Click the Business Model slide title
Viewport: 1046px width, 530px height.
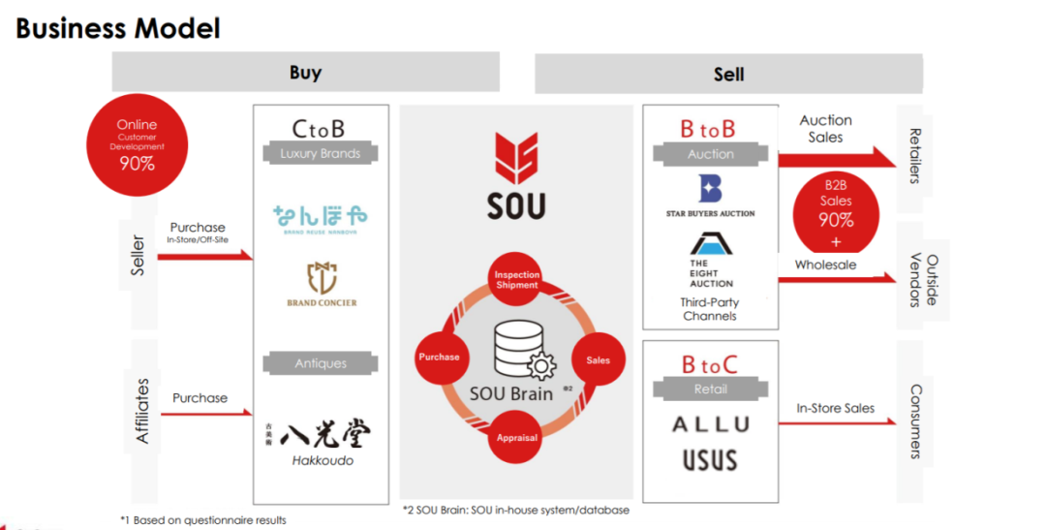coord(118,27)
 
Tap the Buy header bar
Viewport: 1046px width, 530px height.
coord(305,73)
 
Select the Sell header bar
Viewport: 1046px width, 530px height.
coord(728,74)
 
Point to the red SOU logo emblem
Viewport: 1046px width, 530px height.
coord(515,159)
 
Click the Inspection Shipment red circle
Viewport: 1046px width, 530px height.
coord(516,279)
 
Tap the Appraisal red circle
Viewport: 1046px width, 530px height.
coord(516,437)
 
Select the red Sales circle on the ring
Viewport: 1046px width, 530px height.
coord(598,359)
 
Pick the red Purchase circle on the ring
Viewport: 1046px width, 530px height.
coord(439,357)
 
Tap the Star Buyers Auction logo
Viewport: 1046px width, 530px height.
coord(710,196)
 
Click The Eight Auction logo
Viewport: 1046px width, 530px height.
coord(711,260)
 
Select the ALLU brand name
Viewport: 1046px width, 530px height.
coord(711,424)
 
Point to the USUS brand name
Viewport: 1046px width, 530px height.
coord(710,459)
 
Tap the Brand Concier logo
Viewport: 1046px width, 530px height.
coord(322,287)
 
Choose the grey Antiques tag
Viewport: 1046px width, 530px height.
coord(321,363)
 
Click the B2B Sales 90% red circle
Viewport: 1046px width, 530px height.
coord(836,211)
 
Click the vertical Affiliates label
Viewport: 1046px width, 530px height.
coord(142,410)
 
